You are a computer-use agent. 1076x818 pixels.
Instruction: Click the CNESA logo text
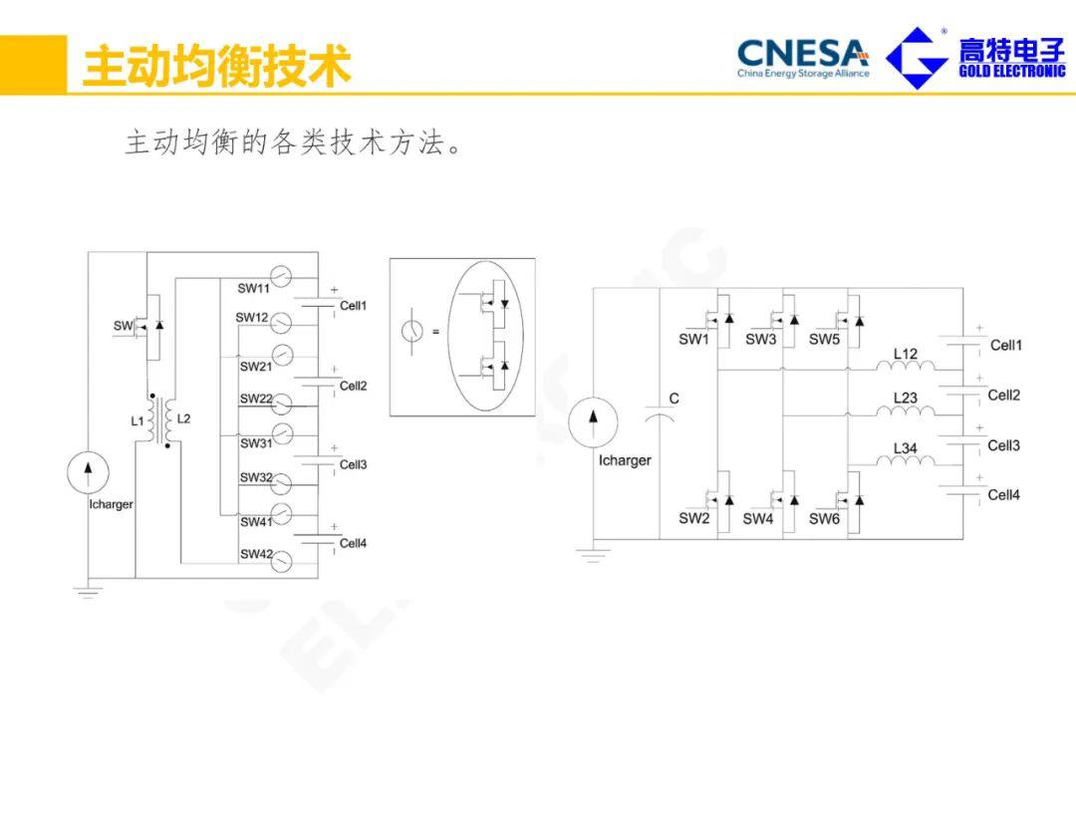(802, 51)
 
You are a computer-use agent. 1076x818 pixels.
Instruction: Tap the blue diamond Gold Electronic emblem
(917, 58)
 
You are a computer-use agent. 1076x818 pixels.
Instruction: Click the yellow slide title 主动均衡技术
(216, 66)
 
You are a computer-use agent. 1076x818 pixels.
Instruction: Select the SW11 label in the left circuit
(254, 289)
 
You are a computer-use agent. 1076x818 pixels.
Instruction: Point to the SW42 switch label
(255, 554)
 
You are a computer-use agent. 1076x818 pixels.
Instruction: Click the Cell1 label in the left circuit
(354, 306)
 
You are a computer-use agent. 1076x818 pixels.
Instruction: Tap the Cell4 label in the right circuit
(1003, 495)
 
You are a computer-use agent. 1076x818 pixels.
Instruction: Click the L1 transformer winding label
(137, 421)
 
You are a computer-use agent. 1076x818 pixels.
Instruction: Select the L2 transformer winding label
(183, 419)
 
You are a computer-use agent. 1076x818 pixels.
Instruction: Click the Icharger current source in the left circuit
(87, 471)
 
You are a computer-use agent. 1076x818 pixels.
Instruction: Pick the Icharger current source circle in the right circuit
(593, 422)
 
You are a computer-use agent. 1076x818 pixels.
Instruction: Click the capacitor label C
(673, 399)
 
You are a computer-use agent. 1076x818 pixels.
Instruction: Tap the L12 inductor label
(905, 354)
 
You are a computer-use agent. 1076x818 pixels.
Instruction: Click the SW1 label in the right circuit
(693, 340)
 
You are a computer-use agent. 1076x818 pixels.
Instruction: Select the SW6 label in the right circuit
(824, 519)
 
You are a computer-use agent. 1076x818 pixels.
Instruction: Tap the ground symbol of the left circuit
(88, 591)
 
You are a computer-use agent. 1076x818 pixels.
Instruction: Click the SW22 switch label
(255, 399)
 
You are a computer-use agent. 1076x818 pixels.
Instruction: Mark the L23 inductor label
(905, 398)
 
